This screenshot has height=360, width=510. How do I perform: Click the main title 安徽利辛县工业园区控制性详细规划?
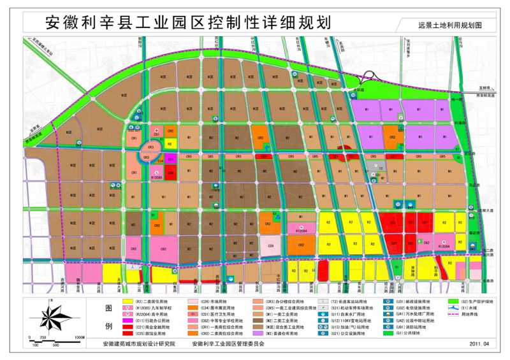pyautogui.click(x=189, y=22)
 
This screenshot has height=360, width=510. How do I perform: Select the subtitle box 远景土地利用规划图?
pyautogui.click(x=449, y=25)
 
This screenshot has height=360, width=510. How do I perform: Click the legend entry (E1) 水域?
pyautogui.click(x=469, y=307)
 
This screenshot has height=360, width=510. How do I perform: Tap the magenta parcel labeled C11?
pyautogui.click(x=170, y=157)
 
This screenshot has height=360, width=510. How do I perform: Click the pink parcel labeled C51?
pyautogui.click(x=156, y=134)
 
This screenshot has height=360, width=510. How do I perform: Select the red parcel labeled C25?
pyautogui.click(x=170, y=171)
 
